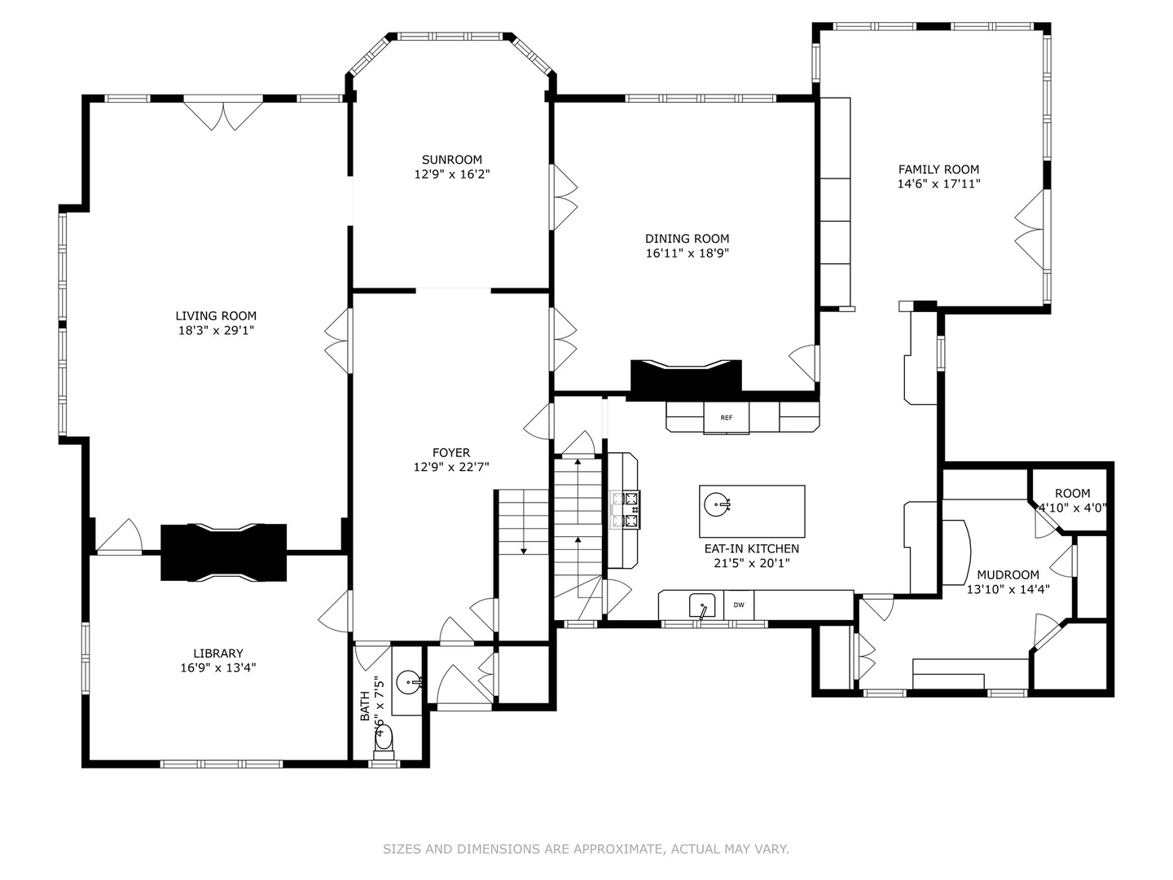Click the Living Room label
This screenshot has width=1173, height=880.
[x=216, y=316]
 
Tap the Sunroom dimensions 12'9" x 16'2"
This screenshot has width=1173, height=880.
[x=451, y=174]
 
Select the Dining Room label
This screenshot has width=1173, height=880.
[x=687, y=239]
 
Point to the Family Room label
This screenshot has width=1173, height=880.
[x=938, y=169]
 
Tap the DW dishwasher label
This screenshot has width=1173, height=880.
[x=739, y=605]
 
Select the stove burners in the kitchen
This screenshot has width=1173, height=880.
[x=625, y=509]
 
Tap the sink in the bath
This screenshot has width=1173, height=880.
[x=408, y=680]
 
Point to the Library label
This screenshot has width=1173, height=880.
[x=218, y=653]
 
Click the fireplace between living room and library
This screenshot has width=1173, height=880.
[x=223, y=552]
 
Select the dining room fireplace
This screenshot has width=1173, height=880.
[x=686, y=378]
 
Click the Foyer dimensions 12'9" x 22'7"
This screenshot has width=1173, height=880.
[x=451, y=468]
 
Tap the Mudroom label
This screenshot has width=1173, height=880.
[x=1008, y=574]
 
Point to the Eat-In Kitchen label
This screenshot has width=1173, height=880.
[x=751, y=549]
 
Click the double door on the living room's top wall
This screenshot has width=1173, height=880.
[x=222, y=114]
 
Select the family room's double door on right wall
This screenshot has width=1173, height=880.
[x=1030, y=230]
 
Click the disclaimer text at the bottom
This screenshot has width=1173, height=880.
[x=586, y=849]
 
